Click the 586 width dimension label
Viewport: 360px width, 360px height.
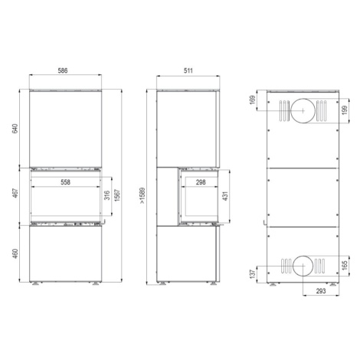[x=63, y=70]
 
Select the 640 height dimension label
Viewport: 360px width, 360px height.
[x=15, y=128]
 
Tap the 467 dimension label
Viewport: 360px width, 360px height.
[x=15, y=193]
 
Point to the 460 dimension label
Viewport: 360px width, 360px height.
[x=15, y=254]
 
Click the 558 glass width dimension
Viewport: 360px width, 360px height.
[x=65, y=182]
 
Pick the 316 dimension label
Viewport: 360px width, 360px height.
[x=107, y=195]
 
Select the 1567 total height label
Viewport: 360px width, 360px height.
[x=117, y=195]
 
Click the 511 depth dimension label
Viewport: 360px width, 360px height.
[x=188, y=70]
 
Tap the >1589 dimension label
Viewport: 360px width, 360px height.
[x=142, y=196]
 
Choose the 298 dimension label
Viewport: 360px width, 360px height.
[x=201, y=182]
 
